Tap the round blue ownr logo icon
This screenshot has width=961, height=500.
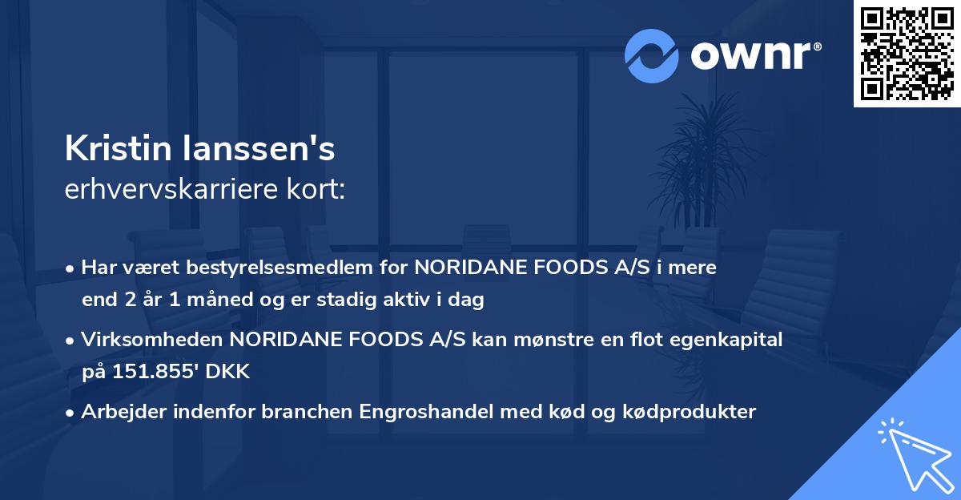[x=652, y=55]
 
